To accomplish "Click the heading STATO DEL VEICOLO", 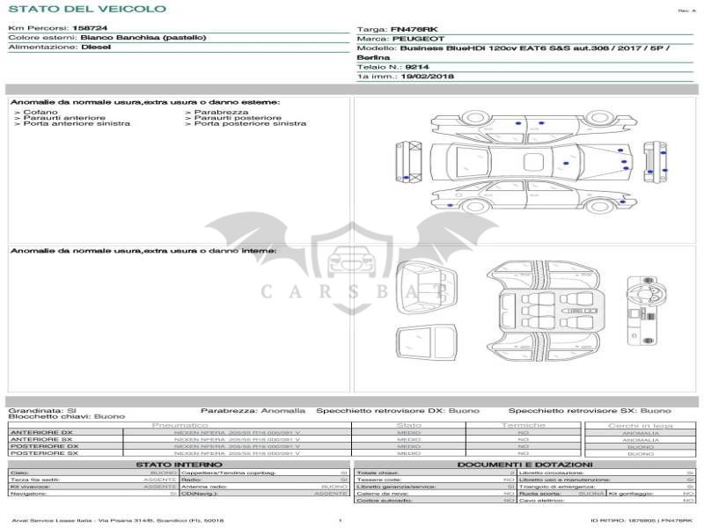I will click(86, 9).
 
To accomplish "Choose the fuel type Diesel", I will click(95, 47).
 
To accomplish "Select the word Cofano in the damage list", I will click(41, 113).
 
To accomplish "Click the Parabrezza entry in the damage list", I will click(221, 113).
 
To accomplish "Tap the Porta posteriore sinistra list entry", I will click(250, 124).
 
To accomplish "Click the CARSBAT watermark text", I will click(352, 290).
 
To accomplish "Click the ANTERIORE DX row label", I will click(41, 433).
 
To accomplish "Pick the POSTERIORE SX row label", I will click(44, 453).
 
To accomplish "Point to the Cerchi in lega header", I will click(640, 426).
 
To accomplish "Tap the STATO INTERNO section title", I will click(180, 465).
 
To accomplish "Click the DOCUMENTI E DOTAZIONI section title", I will click(524, 465).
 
